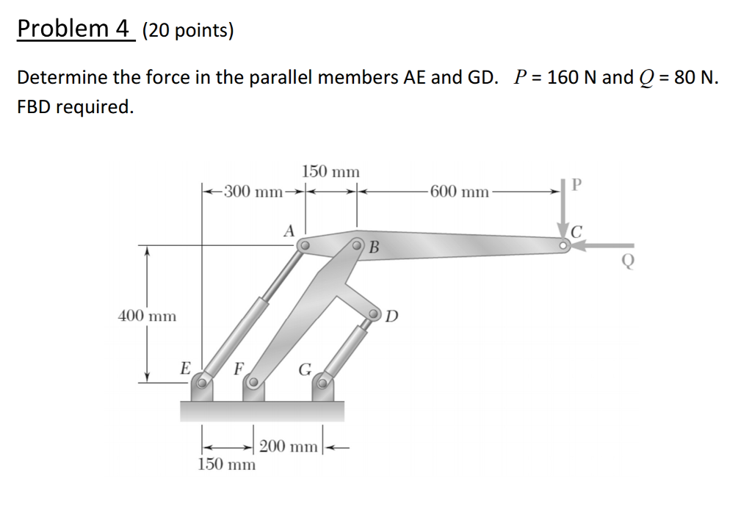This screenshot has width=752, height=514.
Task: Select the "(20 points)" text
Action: (x=188, y=30)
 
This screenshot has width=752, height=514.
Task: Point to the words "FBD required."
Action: (x=76, y=106)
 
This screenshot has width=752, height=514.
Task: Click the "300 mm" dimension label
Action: (x=253, y=192)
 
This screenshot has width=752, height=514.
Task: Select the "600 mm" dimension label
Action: (x=460, y=192)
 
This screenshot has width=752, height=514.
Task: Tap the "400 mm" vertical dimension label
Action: (x=147, y=316)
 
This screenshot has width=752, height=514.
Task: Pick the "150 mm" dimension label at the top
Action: (x=330, y=172)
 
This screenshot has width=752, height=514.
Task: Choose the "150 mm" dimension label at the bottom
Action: (x=228, y=465)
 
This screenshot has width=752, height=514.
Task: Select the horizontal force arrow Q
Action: (x=599, y=247)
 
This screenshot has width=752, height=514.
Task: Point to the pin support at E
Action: (x=202, y=381)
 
